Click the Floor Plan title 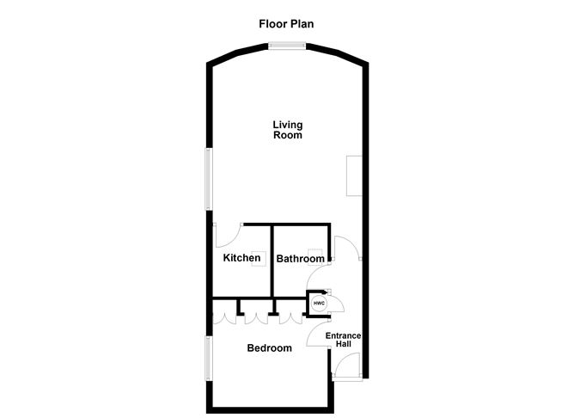tap(287, 23)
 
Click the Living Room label tap(288, 130)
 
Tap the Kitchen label tap(241, 258)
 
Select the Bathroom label tap(300, 259)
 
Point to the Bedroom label tap(269, 348)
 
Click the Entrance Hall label tap(344, 339)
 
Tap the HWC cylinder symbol tap(320, 304)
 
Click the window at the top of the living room tap(287, 47)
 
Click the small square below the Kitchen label tap(257, 266)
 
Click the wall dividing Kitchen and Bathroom tap(272, 261)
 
